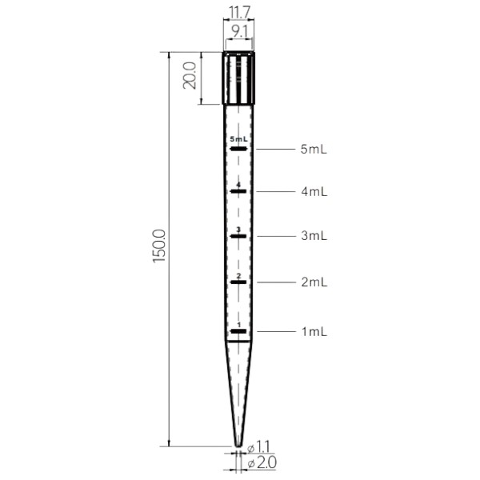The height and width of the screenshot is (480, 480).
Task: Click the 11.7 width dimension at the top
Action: (238, 13)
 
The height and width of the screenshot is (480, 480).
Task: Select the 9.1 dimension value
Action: (238, 33)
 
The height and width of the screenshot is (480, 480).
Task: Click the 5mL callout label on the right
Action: (314, 149)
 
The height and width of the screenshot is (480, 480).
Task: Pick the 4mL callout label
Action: (314, 192)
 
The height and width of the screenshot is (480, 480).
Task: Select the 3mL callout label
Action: (314, 236)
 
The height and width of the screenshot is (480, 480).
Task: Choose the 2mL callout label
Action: (314, 282)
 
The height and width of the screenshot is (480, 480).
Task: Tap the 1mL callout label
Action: (314, 330)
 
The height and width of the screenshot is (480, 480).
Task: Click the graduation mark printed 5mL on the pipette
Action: (238, 147)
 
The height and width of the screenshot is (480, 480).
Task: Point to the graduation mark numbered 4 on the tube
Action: (238, 191)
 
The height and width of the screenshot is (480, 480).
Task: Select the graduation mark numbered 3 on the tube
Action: (238, 236)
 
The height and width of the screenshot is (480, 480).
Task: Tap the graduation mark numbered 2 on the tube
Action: (238, 282)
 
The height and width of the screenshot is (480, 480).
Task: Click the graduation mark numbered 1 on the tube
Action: (238, 330)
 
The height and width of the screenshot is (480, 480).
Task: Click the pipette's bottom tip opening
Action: (238, 445)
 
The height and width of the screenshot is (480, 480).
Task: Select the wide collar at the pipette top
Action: (238, 78)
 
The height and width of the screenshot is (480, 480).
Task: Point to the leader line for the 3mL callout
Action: (274, 236)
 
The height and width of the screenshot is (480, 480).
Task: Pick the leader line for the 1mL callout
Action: (274, 330)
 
